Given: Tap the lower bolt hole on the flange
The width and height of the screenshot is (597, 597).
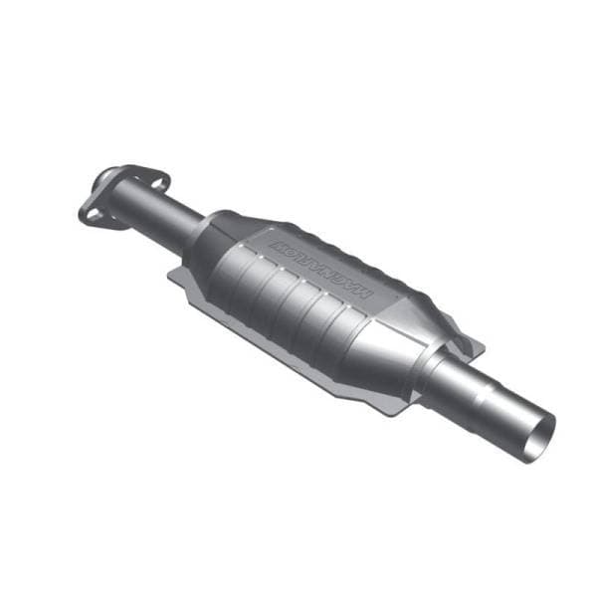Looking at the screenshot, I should pos(92,212).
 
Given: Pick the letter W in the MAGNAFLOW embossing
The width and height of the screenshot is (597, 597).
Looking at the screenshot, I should pos(276,242).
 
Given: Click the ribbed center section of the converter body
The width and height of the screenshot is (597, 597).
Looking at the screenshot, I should pos(298,298).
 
